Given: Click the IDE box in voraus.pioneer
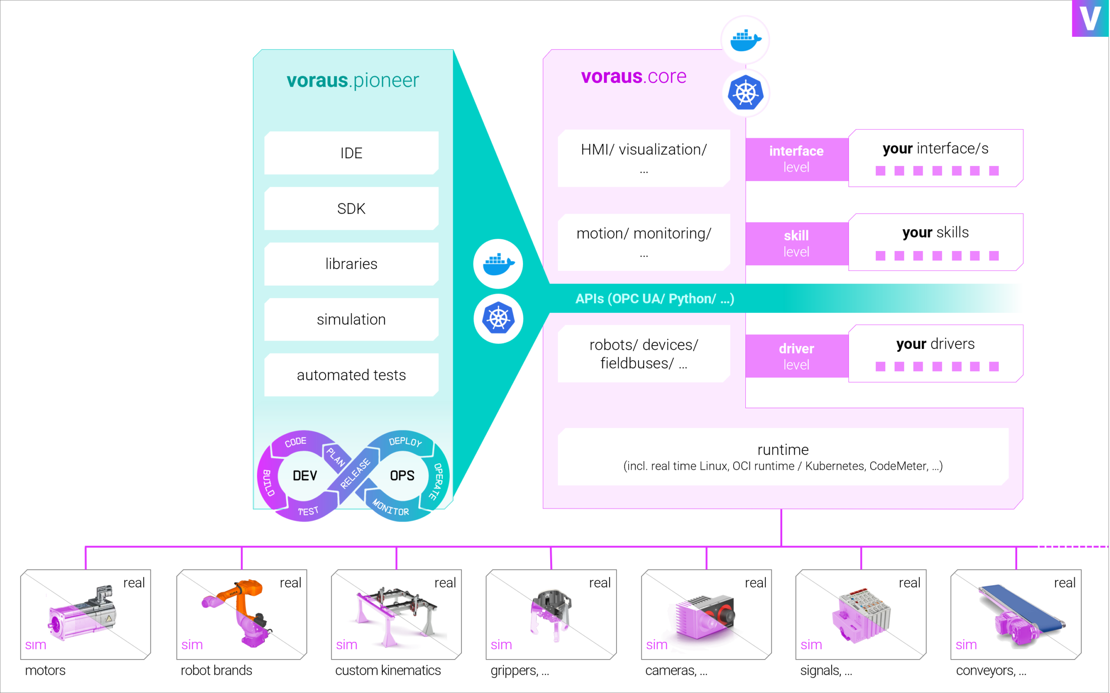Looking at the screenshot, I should pyautogui.click(x=351, y=153).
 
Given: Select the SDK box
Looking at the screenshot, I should pyautogui.click(x=351, y=208).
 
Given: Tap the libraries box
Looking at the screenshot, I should pyautogui.click(x=351, y=264).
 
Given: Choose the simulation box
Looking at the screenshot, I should pyautogui.click(x=351, y=319).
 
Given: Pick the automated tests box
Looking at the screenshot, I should pyautogui.click(x=351, y=375).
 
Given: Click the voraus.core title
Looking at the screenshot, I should pyautogui.click(x=633, y=77).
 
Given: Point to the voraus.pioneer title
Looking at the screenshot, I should pyautogui.click(x=353, y=81).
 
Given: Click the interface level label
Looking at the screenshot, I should pyautogui.click(x=797, y=159).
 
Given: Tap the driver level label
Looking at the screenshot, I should pyautogui.click(x=797, y=356).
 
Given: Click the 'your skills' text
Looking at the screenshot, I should pyautogui.click(x=935, y=233).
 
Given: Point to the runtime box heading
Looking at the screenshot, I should pyautogui.click(x=783, y=449).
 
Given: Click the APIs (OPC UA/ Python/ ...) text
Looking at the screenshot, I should pyautogui.click(x=655, y=299).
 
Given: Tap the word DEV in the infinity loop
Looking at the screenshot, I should pyautogui.click(x=305, y=476).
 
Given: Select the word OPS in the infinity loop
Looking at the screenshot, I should pyautogui.click(x=402, y=476).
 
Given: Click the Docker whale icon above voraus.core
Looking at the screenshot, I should pyautogui.click(x=745, y=40).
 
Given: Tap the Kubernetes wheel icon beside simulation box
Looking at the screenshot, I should pyautogui.click(x=498, y=319).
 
